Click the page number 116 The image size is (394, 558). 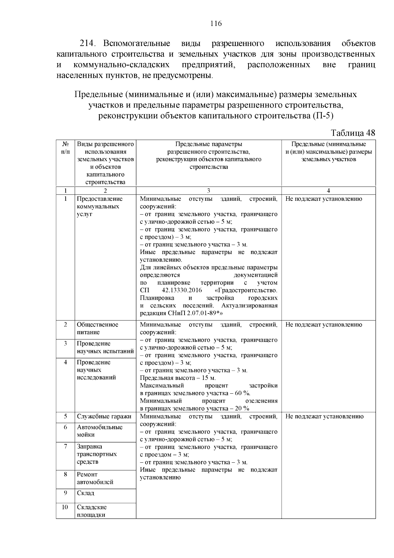216,23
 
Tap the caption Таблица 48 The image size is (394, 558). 353,133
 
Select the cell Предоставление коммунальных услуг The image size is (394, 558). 99,206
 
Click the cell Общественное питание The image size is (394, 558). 98,328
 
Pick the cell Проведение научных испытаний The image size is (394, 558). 105,347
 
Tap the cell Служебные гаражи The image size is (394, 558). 104,416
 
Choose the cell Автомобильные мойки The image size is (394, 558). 99,431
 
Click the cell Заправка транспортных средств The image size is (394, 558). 97,454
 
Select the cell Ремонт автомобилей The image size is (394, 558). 95,478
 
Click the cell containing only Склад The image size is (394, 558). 85,493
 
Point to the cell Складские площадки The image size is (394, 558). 92,511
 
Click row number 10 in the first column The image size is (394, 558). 65,507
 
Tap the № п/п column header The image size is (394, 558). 65,148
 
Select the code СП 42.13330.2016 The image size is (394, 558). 171,291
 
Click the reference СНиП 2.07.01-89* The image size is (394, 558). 196,313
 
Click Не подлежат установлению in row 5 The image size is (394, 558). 324,416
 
